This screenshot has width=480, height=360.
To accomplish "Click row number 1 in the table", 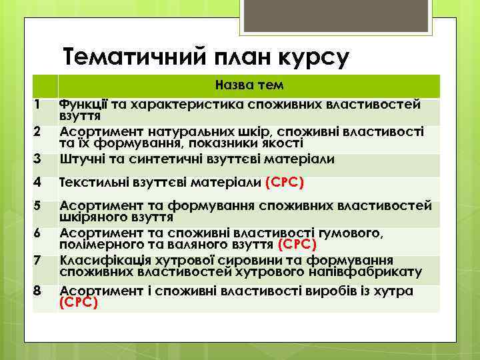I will click(39, 105).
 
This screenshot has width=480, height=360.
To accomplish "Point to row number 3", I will click(39, 159).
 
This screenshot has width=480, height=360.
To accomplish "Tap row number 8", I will click(39, 291).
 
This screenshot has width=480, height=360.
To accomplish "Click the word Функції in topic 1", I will click(83, 105).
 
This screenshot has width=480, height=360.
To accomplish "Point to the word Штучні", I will click(81, 159).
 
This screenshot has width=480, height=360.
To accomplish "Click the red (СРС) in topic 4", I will click(286, 183).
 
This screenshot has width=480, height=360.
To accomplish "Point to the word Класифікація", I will click(100, 260).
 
